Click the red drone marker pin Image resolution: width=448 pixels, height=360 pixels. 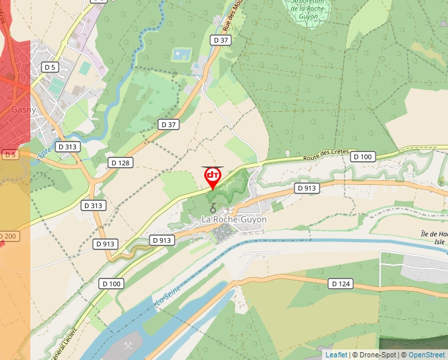pyautogui.click(x=213, y=177)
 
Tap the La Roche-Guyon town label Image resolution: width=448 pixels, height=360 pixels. pyautogui.click(x=234, y=219)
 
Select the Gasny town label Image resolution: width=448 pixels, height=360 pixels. pyautogui.click(x=24, y=110)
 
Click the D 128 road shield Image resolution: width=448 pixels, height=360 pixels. pyautogui.click(x=120, y=163)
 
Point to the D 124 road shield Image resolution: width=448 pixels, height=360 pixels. pyautogui.click(x=340, y=284)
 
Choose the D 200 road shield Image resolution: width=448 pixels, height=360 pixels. pyautogui.click(x=8, y=236)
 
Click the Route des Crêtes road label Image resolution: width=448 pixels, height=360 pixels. pyautogui.click(x=325, y=156)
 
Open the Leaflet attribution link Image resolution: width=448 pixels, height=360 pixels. pyautogui.click(x=336, y=355)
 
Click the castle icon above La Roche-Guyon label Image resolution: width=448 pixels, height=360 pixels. pyautogui.click(x=213, y=210)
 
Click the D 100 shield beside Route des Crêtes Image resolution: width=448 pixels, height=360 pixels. pyautogui.click(x=363, y=157)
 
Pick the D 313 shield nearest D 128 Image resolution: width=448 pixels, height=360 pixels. pyautogui.click(x=67, y=147)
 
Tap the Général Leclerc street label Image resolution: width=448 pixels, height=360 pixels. pyautogui.click(x=59, y=344)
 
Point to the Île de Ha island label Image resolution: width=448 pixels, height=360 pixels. pyautogui.click(x=434, y=234)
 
